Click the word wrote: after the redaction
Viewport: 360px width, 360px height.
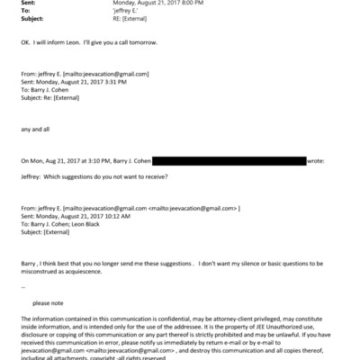tap(316, 161)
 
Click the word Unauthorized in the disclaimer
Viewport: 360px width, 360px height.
tap(273, 327)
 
